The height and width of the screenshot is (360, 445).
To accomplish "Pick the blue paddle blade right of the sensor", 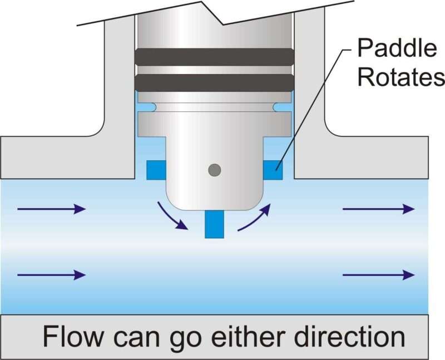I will pyautogui.click(x=272, y=170).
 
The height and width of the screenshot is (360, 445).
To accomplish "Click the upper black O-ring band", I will pyautogui.click(x=214, y=56).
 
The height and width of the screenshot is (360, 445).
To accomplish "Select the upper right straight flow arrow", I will pyautogui.click(x=378, y=209).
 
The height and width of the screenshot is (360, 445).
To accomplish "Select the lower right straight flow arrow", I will pyautogui.click(x=378, y=274).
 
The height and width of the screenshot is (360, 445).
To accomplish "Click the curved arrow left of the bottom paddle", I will pyautogui.click(x=171, y=217).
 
